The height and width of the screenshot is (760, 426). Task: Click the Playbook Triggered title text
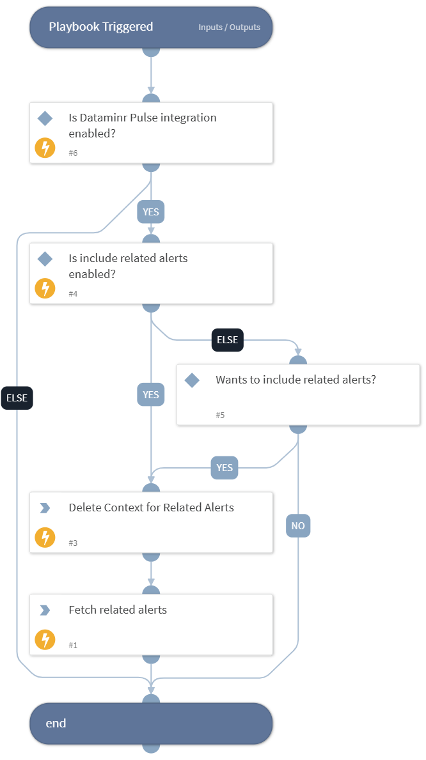click(x=101, y=27)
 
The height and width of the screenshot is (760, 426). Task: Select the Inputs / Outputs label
click(x=229, y=27)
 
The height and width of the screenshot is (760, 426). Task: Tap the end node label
click(x=56, y=723)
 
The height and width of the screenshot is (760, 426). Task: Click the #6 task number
click(x=74, y=153)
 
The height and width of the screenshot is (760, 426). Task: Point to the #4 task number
click(x=74, y=294)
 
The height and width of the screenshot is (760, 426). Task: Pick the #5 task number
click(x=220, y=415)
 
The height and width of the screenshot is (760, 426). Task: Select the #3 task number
click(x=74, y=543)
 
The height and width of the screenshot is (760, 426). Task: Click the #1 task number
click(x=74, y=646)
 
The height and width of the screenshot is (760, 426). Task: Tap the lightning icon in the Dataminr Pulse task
click(x=45, y=148)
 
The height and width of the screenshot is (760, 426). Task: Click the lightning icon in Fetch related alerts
click(x=45, y=640)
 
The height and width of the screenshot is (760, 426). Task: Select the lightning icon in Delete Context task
click(x=45, y=538)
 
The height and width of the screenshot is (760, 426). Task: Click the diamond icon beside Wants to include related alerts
click(x=192, y=380)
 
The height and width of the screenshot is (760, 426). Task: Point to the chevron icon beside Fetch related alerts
click(x=45, y=610)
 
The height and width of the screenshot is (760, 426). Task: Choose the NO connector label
click(x=298, y=526)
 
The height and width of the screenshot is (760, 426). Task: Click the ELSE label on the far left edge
click(x=17, y=398)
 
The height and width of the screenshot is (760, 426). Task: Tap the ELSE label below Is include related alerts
click(x=227, y=340)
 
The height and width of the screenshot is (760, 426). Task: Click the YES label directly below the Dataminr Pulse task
click(x=151, y=212)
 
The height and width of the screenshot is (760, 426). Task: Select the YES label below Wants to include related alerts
click(x=225, y=468)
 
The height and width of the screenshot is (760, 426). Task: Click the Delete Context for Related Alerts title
click(x=151, y=508)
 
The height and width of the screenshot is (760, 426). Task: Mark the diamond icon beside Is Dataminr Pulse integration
click(x=45, y=118)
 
